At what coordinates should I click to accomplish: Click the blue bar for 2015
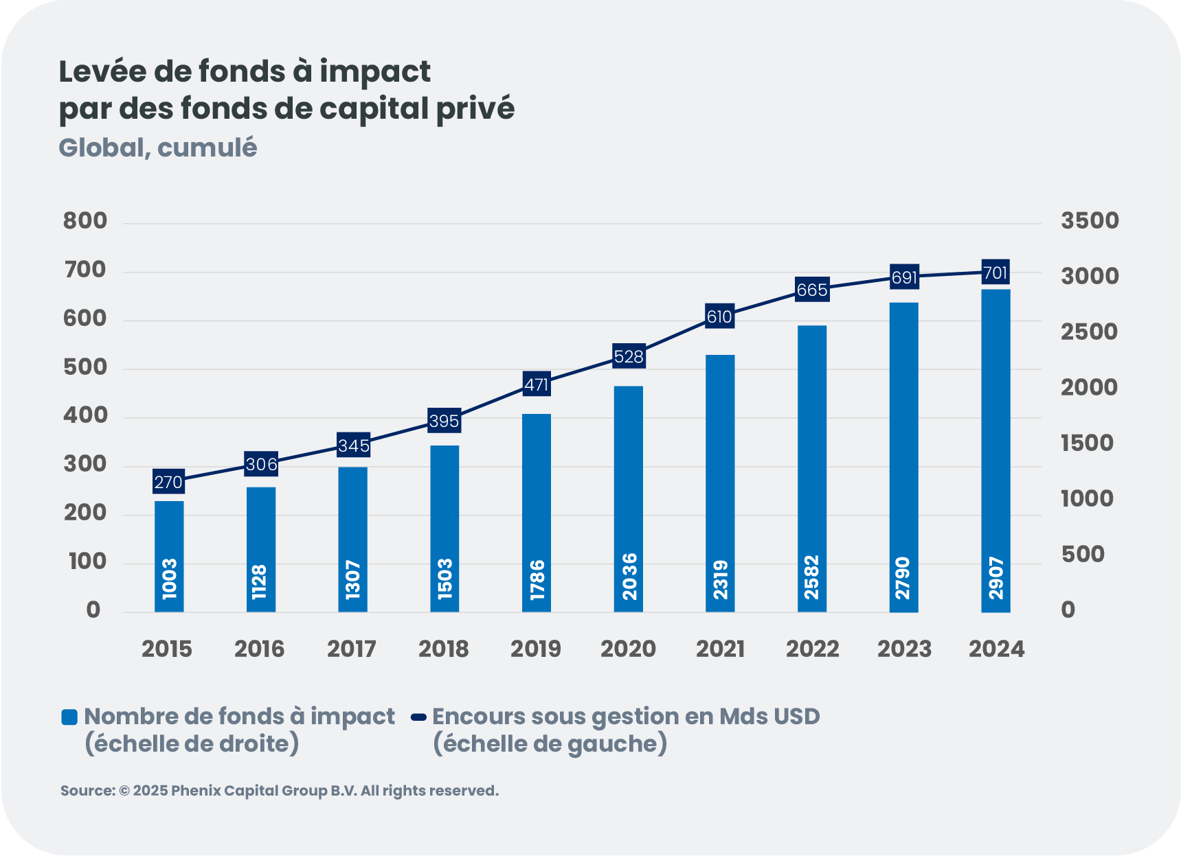tap(169, 556)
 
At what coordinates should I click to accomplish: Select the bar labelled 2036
tap(628, 499)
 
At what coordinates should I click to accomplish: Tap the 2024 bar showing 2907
tap(996, 450)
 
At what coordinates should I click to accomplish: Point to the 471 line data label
tap(536, 384)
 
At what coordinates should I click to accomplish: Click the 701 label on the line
tap(995, 273)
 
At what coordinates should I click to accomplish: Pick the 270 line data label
tap(168, 482)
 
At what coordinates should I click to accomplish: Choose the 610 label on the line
tap(719, 316)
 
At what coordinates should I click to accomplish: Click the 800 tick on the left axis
tap(85, 221)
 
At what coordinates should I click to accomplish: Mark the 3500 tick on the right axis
tap(1090, 221)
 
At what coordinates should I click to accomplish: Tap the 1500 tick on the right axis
tap(1087, 443)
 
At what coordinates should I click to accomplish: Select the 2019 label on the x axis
tap(535, 649)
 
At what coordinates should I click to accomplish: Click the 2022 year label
tap(812, 649)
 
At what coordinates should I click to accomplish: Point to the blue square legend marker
tap(69, 717)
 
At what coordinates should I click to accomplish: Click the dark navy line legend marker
tap(418, 717)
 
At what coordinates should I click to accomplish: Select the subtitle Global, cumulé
tap(158, 148)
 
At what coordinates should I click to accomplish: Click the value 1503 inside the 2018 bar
tap(445, 578)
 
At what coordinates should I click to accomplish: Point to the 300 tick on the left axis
tap(85, 465)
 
